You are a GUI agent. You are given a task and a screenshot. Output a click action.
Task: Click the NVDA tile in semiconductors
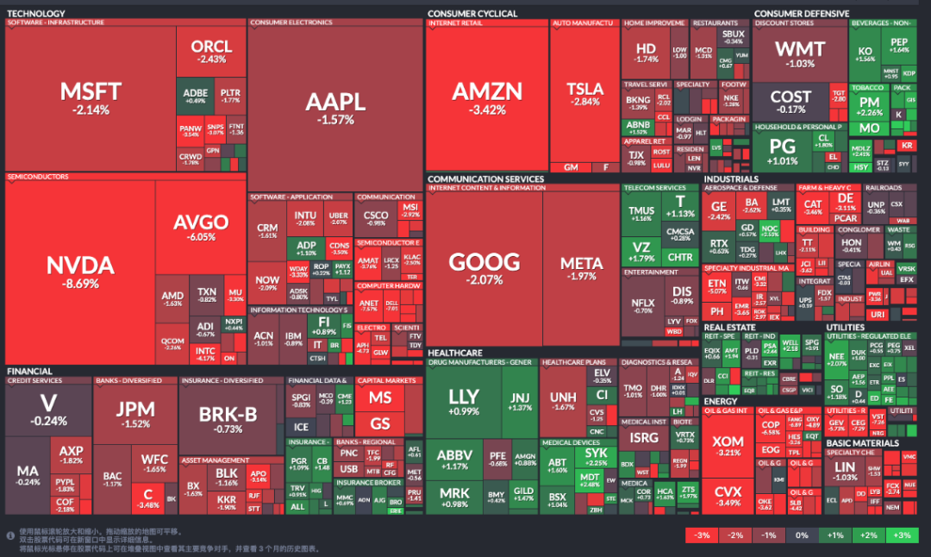pyautogui.click(x=80, y=272)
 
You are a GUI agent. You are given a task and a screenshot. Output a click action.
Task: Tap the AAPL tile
pyautogui.click(x=335, y=107)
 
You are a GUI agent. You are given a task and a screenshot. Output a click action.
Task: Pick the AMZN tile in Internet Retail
pyautogui.click(x=487, y=97)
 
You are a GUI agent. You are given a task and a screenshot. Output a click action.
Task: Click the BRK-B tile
pyautogui.click(x=228, y=418)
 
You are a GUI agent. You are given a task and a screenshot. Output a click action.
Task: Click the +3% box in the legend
pyautogui.click(x=903, y=535)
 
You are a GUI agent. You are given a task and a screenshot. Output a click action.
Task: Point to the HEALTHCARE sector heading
pyautogui.click(x=454, y=353)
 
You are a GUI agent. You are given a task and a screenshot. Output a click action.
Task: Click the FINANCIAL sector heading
pyautogui.click(x=30, y=372)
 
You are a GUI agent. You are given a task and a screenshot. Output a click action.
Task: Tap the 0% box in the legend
pyautogui.click(x=803, y=535)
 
